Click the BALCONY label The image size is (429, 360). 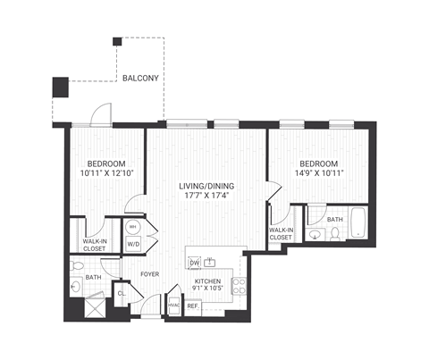(x=140, y=78)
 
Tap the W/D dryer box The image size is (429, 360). (x=133, y=243)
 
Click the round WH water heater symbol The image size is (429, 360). (x=133, y=227)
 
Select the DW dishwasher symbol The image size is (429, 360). (x=193, y=262)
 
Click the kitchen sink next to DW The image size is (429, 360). (x=210, y=262)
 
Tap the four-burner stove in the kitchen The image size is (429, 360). (x=239, y=286)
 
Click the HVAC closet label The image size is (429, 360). (x=174, y=306)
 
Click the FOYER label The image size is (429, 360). (x=148, y=273)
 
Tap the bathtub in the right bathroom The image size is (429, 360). (x=357, y=223)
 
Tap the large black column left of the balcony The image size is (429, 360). (x=60, y=88)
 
